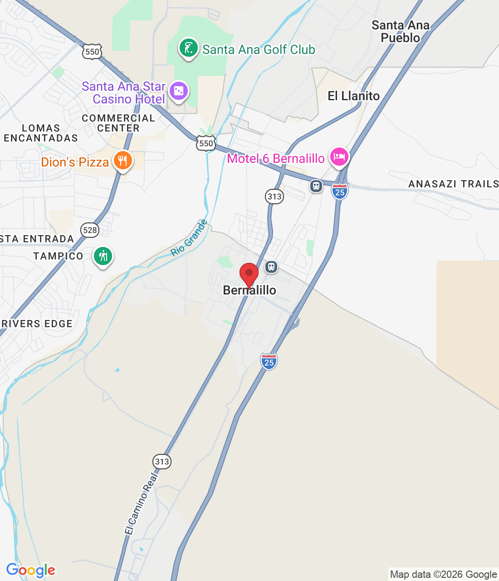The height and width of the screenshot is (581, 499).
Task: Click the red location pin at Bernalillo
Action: pyautogui.click(x=249, y=274)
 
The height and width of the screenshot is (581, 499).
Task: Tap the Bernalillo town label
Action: pyautogui.click(x=249, y=290)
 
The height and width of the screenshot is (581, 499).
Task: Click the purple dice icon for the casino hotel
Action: pyautogui.click(x=179, y=91)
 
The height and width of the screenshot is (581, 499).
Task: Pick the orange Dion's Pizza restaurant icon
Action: pyautogui.click(x=122, y=161)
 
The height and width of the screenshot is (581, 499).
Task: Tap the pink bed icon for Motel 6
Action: pyautogui.click(x=339, y=157)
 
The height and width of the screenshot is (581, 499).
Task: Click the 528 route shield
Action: pyautogui.click(x=90, y=230)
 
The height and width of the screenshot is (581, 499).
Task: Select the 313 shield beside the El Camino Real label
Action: pyautogui.click(x=162, y=462)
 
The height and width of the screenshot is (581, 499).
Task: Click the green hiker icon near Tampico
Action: pyautogui.click(x=103, y=256)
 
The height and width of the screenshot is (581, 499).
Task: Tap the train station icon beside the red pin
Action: pyautogui.click(x=271, y=266)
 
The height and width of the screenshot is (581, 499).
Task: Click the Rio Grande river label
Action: pyautogui.click(x=189, y=238)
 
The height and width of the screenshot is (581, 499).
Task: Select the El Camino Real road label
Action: pyautogui.click(x=142, y=504)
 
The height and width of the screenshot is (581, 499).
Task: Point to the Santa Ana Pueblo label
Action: pyautogui.click(x=401, y=31)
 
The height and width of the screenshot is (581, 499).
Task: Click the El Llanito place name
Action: pyautogui.click(x=354, y=96)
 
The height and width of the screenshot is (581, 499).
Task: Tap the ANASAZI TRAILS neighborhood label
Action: pyautogui.click(x=453, y=184)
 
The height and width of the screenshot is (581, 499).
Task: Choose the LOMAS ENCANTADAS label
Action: pyautogui.click(x=41, y=133)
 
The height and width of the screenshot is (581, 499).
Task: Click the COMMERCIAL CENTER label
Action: pyautogui.click(x=118, y=123)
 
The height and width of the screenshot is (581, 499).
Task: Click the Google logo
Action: pyautogui.click(x=30, y=570)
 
